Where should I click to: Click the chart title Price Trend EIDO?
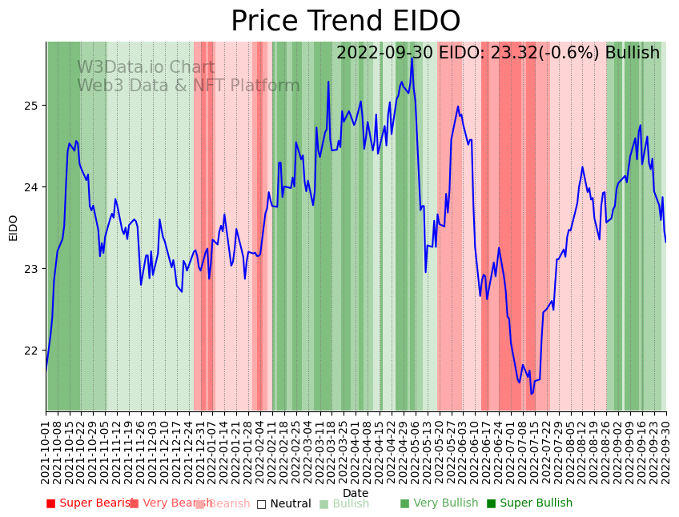point(345,22)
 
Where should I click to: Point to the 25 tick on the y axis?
point(32,106)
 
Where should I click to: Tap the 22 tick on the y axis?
point(32,351)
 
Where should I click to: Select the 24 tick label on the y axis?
point(32,187)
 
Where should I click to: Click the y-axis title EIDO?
point(13,227)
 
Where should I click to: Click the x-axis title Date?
point(356,493)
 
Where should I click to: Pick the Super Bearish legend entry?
point(88,503)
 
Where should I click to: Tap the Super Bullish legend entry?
point(529,503)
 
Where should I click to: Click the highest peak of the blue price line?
point(412,58)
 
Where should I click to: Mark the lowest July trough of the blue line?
point(531,394)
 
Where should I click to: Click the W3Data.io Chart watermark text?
point(146,68)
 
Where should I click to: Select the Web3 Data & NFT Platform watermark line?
point(188,86)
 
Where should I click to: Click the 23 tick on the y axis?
point(32,269)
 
